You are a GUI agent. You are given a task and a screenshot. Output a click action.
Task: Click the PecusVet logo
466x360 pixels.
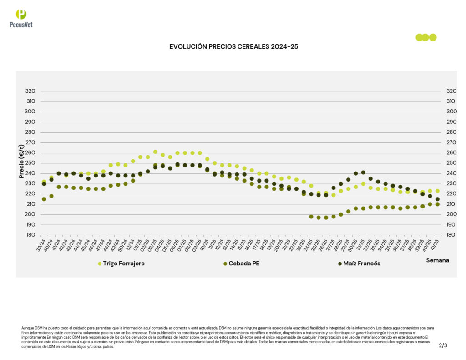(x=21, y=18)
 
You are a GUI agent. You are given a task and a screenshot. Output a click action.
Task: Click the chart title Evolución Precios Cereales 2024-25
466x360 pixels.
(x=233, y=46)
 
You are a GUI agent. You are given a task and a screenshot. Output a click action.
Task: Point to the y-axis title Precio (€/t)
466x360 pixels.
(x=21, y=162)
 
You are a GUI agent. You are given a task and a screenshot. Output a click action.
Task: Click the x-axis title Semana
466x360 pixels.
(x=437, y=260)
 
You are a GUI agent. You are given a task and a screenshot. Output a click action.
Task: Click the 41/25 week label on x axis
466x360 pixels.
(x=436, y=246)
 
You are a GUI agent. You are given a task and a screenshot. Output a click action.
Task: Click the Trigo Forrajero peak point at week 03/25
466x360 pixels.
(x=155, y=152)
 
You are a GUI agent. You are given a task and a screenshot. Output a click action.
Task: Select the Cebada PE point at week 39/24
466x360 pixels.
(x=44, y=199)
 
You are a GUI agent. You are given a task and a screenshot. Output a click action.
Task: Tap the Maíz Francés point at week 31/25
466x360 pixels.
(x=363, y=172)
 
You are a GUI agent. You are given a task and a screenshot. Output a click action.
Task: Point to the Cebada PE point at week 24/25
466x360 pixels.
(x=311, y=217)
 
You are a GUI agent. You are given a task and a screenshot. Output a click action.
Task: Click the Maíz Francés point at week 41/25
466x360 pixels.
(x=437, y=199)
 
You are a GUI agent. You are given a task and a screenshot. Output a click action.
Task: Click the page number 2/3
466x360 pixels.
(x=443, y=345)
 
